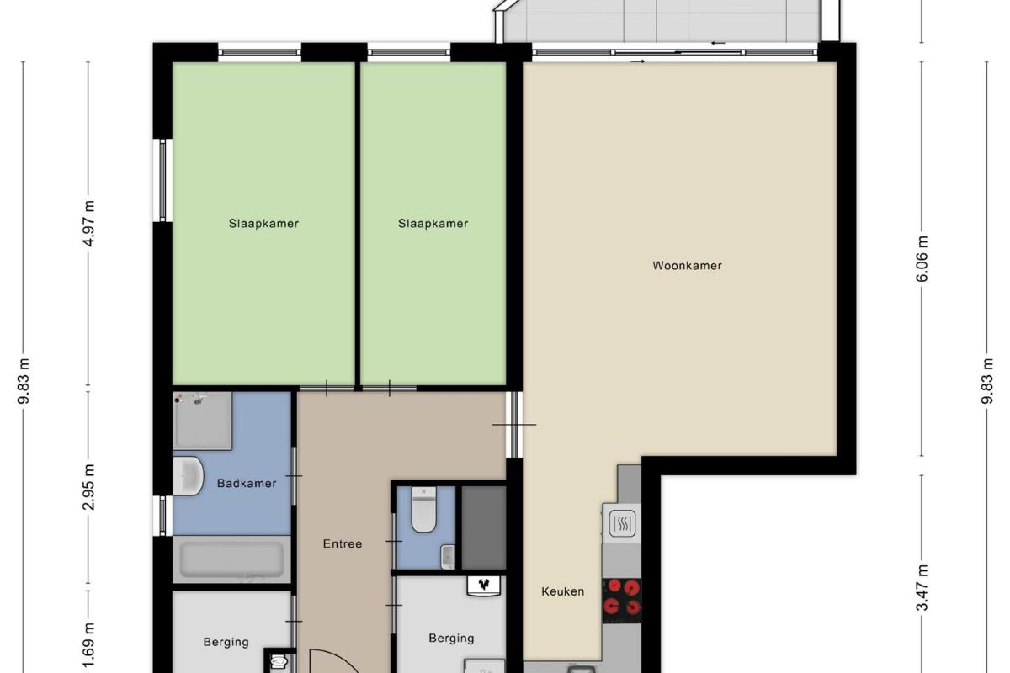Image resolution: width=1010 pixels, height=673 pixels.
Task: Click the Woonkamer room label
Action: pyautogui.click(x=687, y=266)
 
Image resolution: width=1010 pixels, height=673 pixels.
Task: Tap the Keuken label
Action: pyautogui.click(x=563, y=591)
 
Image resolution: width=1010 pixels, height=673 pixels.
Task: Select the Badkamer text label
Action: pyautogui.click(x=247, y=483)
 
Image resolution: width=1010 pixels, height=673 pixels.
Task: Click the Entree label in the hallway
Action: pyautogui.click(x=343, y=544)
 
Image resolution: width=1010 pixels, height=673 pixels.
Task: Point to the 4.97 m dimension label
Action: pyautogui.click(x=89, y=224)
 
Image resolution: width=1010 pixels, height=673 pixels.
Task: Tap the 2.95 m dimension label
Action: pyautogui.click(x=89, y=487)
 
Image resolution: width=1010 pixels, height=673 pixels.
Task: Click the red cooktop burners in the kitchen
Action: pyautogui.click(x=621, y=601)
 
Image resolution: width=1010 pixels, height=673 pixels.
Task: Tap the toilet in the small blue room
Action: pyautogui.click(x=424, y=509)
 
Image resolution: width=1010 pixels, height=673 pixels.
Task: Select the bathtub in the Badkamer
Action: pyautogui.click(x=231, y=559)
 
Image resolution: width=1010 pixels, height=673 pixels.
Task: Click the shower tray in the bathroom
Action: pyautogui.click(x=203, y=421)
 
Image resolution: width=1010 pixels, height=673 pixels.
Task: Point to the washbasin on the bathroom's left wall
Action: pyautogui.click(x=188, y=476)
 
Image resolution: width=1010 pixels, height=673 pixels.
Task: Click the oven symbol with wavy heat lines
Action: pyautogui.click(x=622, y=523)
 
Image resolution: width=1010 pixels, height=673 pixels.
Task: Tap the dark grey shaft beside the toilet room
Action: pyautogui.click(x=483, y=527)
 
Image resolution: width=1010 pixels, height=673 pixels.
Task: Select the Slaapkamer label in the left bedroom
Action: pyautogui.click(x=263, y=224)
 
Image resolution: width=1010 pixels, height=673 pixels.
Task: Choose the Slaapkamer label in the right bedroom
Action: pyautogui.click(x=433, y=224)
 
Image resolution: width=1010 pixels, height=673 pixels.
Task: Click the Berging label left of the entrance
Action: pyautogui.click(x=226, y=642)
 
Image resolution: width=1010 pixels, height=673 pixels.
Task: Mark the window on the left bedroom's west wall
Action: pyautogui.click(x=162, y=180)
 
